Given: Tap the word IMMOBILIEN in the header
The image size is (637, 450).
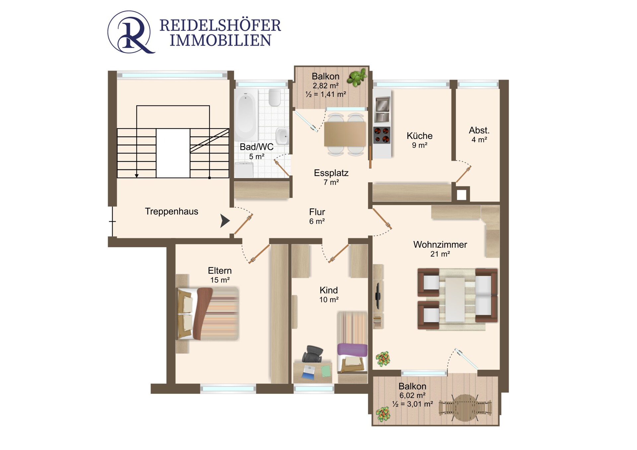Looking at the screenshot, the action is (x=221, y=40).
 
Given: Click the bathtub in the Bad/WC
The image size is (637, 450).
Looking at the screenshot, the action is (x=246, y=115).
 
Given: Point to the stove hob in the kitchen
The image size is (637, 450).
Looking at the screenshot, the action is (x=382, y=135).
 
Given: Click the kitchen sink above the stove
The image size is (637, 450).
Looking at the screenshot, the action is (x=382, y=109).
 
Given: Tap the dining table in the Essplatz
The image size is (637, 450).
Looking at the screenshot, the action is (x=345, y=134).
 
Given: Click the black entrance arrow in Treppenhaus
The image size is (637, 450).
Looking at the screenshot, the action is (x=225, y=221).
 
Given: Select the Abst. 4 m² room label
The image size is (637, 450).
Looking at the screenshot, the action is (x=479, y=135).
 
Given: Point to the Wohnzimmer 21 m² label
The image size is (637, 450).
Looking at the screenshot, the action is (x=440, y=249).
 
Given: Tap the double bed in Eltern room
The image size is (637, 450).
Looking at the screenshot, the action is (x=208, y=314).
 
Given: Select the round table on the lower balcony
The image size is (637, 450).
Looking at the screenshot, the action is (x=465, y=408).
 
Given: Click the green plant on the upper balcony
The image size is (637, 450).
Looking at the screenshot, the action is (x=357, y=77).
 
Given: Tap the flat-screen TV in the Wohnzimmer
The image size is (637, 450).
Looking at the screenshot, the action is (x=378, y=295).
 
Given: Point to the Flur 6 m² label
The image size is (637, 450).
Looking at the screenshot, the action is (x=317, y=216).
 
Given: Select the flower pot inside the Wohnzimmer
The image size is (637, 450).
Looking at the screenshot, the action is (x=383, y=359).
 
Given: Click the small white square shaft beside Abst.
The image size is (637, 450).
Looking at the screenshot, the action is (x=461, y=195).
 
